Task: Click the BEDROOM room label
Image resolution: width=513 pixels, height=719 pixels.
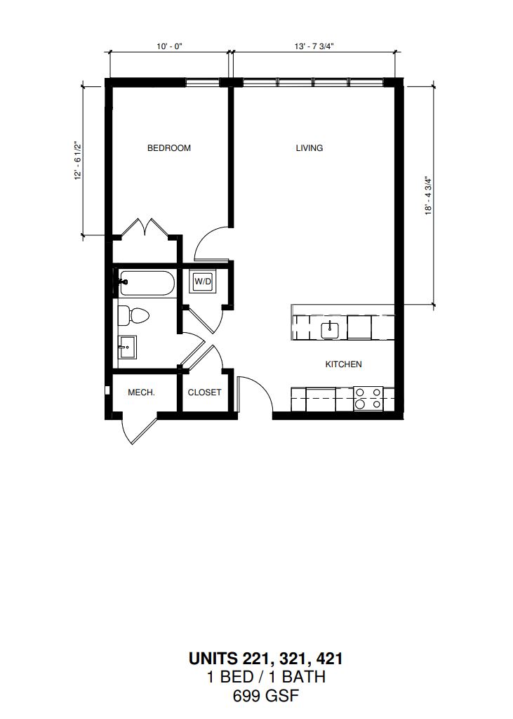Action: [168, 148]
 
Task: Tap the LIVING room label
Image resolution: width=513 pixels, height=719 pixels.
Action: [309, 148]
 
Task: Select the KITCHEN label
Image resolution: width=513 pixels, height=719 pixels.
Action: [343, 364]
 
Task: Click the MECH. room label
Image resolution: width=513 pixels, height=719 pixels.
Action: [141, 393]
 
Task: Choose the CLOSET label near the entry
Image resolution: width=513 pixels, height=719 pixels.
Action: [204, 393]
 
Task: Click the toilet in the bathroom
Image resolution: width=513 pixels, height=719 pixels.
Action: [133, 315]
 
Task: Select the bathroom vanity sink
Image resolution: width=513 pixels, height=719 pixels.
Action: [127, 347]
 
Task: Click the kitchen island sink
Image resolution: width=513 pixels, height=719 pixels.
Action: [330, 329]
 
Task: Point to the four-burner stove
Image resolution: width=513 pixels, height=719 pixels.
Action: [368, 399]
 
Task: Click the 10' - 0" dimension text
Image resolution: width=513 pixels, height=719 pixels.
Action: [170, 46]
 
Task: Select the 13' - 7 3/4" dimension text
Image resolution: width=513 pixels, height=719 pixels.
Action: [314, 46]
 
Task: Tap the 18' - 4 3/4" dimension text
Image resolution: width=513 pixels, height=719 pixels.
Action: [429, 195]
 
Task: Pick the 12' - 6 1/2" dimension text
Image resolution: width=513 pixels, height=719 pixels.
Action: [78, 161]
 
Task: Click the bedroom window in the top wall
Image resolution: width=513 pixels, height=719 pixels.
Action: [203, 83]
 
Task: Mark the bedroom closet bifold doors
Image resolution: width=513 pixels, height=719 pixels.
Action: [145, 228]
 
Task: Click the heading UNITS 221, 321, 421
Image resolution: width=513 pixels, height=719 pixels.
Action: [266, 659]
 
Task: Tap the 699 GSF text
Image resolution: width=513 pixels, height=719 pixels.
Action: [266, 696]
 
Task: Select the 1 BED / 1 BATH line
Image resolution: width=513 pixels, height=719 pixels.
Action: [266, 678]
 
